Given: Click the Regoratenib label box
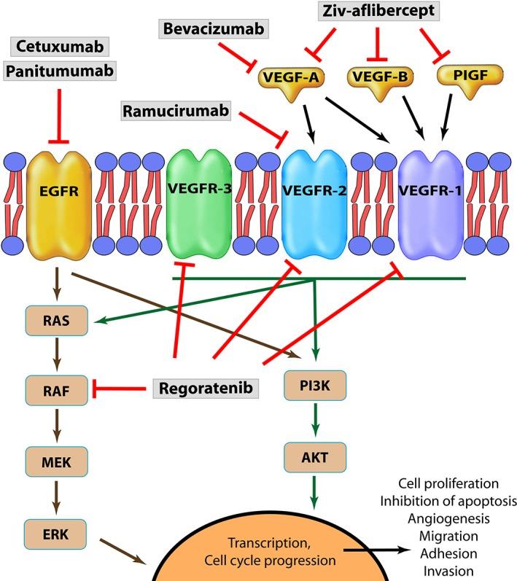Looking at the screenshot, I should tap(207, 389).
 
